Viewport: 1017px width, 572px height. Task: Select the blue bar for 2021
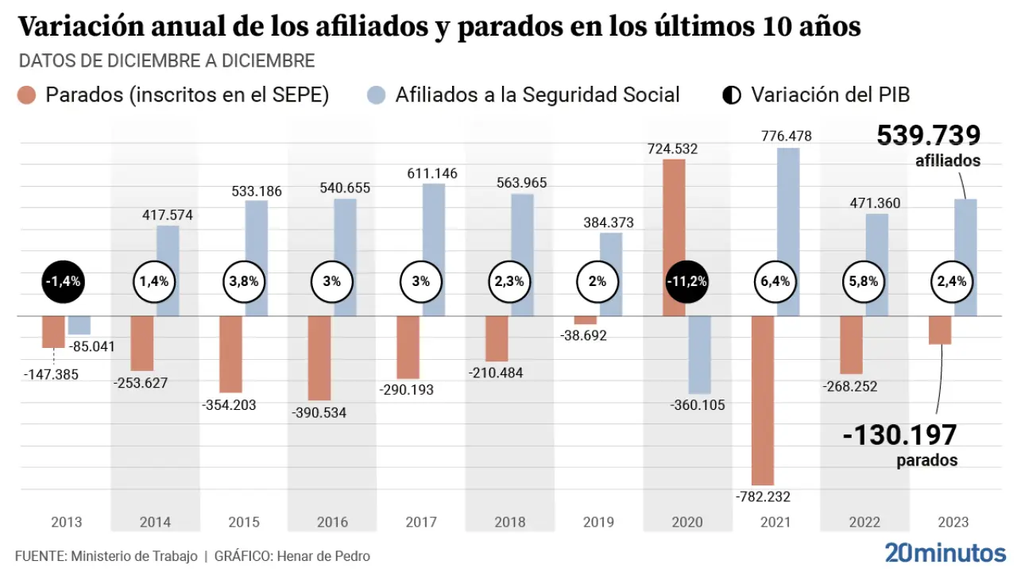pos(787,230)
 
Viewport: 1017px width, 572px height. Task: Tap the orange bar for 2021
pos(763,400)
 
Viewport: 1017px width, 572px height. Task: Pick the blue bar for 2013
pos(79,325)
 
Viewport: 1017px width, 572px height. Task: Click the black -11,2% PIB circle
pos(687,281)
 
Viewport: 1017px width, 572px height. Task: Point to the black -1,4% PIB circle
pos(63,281)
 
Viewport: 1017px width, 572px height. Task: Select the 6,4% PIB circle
pos(775,281)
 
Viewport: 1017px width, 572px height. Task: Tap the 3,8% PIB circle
pos(244,281)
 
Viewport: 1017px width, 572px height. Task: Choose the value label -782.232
pos(762,497)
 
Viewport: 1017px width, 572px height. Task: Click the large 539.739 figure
pos(928,136)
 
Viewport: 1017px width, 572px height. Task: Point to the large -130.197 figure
pos(899,435)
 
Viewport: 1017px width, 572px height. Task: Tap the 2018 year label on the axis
pos(509,522)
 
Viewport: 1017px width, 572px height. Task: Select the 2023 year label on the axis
pos(953,522)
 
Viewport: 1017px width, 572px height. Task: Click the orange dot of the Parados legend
pos(27,95)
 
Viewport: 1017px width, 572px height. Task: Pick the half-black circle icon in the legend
pos(730,95)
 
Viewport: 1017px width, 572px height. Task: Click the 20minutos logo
pos(945,553)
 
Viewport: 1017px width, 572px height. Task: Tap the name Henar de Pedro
pos(323,556)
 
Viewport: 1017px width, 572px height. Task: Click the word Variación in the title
pos(80,27)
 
